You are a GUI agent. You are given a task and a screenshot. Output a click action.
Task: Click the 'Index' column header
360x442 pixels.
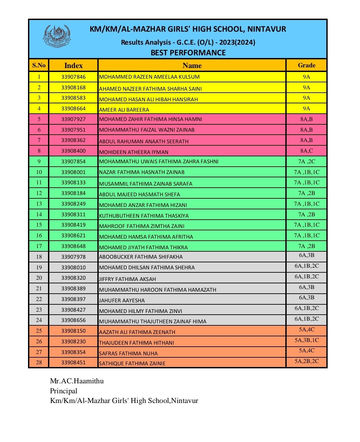73,65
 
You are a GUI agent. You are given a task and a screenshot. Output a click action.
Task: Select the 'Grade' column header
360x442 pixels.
306,65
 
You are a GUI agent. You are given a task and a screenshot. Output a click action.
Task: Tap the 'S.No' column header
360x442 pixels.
39,65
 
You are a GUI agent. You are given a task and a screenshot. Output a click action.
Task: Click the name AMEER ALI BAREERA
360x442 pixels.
124,110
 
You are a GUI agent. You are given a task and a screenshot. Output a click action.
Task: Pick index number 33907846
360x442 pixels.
73,77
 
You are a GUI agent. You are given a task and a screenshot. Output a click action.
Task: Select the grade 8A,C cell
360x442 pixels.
306,151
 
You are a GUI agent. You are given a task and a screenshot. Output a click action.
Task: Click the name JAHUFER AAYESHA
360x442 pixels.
122,300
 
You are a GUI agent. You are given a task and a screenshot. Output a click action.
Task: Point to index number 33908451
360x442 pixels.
73,362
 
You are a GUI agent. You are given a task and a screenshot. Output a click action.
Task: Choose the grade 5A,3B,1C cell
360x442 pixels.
306,340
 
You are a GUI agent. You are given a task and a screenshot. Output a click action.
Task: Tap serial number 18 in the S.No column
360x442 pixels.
39,257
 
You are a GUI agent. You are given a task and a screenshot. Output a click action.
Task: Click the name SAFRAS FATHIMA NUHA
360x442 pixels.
128,353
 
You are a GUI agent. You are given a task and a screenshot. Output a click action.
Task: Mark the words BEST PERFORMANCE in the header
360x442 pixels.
188,53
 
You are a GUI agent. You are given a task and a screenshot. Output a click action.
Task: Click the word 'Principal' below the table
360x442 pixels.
64,391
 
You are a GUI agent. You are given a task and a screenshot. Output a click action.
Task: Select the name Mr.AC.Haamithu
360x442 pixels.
77,381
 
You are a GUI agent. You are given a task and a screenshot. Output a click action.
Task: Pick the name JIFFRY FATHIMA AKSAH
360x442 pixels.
128,279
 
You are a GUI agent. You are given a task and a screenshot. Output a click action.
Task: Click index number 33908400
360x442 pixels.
73,151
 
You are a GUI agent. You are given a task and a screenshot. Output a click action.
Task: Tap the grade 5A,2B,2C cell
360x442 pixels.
306,361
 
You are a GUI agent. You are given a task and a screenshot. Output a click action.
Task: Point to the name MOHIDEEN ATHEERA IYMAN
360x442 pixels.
134,152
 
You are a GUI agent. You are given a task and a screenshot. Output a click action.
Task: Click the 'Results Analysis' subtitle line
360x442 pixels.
188,42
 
